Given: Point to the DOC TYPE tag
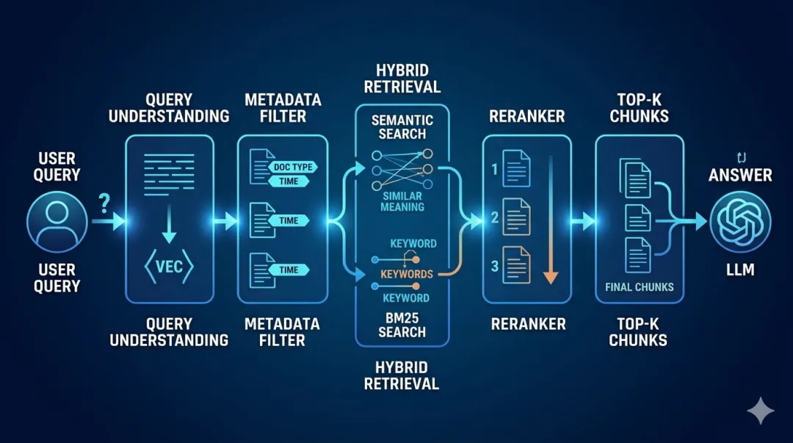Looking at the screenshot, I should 292,167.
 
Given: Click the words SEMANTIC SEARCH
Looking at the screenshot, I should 402,126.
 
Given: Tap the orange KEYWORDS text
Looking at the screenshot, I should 407,274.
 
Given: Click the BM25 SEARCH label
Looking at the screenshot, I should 402,325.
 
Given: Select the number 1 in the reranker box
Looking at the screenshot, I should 495,170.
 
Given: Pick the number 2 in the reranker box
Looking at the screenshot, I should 495,217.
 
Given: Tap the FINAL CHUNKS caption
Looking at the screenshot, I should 640,287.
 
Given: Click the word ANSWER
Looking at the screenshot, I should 739,175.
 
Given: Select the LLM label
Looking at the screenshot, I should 739,270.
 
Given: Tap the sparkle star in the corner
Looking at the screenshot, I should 760,411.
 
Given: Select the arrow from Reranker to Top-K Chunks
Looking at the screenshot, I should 584,220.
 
